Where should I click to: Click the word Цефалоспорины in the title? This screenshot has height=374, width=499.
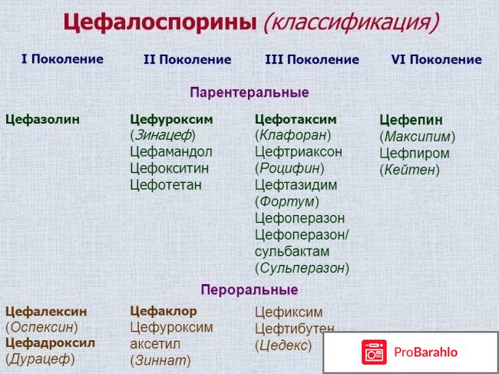[x=159, y=22]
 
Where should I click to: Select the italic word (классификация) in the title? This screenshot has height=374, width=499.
[x=350, y=23]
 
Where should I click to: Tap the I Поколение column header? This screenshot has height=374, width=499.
[x=62, y=59]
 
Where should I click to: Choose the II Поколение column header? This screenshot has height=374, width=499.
[x=187, y=59]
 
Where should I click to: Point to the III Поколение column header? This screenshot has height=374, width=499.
[x=312, y=59]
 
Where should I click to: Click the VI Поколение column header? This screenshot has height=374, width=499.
[x=436, y=59]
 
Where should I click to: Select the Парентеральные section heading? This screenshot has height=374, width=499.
[x=249, y=93]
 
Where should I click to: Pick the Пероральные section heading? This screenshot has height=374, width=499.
[x=249, y=290]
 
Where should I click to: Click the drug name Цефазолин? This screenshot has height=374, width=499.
[x=42, y=119]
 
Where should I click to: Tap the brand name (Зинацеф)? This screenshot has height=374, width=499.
[x=163, y=135]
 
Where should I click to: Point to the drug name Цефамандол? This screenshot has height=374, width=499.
[x=171, y=151]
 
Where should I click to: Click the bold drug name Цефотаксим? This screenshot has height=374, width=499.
[x=296, y=119]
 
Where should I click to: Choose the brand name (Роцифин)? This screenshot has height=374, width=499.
[x=289, y=168]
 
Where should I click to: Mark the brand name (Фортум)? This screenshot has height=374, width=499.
[x=287, y=201]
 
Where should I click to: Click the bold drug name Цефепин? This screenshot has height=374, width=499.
[x=411, y=120]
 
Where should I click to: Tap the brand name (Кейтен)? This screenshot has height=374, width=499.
[x=410, y=170]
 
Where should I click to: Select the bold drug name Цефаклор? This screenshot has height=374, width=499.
[x=164, y=311]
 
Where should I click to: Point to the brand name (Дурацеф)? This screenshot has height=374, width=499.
[x=40, y=359]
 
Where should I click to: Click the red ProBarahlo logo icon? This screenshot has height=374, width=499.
[x=375, y=352]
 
